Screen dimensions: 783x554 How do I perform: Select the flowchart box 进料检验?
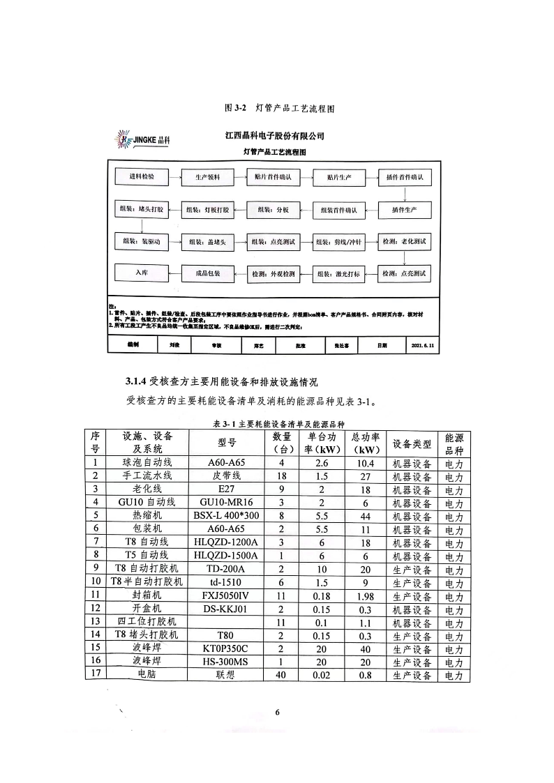click(x=142, y=177)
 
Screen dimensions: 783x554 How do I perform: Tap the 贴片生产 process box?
click(x=338, y=178)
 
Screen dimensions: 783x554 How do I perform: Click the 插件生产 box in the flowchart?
click(x=405, y=210)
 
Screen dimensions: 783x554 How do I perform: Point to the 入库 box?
click(x=142, y=273)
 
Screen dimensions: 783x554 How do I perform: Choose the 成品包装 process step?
click(x=207, y=274)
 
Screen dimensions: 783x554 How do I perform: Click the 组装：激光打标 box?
click(x=338, y=275)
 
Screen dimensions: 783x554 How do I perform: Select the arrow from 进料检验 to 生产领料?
click(x=174, y=178)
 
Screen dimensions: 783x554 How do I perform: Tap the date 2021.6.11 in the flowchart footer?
click(x=423, y=344)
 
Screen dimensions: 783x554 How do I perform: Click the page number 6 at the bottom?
click(x=277, y=712)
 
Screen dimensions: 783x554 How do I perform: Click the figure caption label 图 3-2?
click(x=233, y=108)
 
